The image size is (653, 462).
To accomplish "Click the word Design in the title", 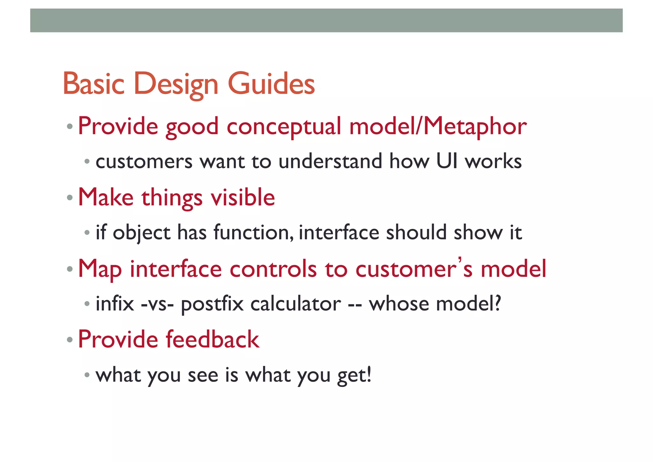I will pyautogui.click(x=176, y=84).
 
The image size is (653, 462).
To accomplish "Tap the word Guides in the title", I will pyautogui.click(x=271, y=84).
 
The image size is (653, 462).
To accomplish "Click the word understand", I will pyautogui.click(x=330, y=161).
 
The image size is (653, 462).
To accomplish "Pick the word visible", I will pyautogui.click(x=243, y=197).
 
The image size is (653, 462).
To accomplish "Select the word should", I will pyautogui.click(x=416, y=232).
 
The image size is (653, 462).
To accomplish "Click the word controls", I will pyautogui.click(x=273, y=269).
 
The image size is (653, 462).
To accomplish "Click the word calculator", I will pyautogui.click(x=296, y=304).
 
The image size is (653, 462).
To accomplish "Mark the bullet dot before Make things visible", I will pyautogui.click(x=70, y=198).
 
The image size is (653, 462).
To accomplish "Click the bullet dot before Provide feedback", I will pyautogui.click(x=70, y=340).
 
